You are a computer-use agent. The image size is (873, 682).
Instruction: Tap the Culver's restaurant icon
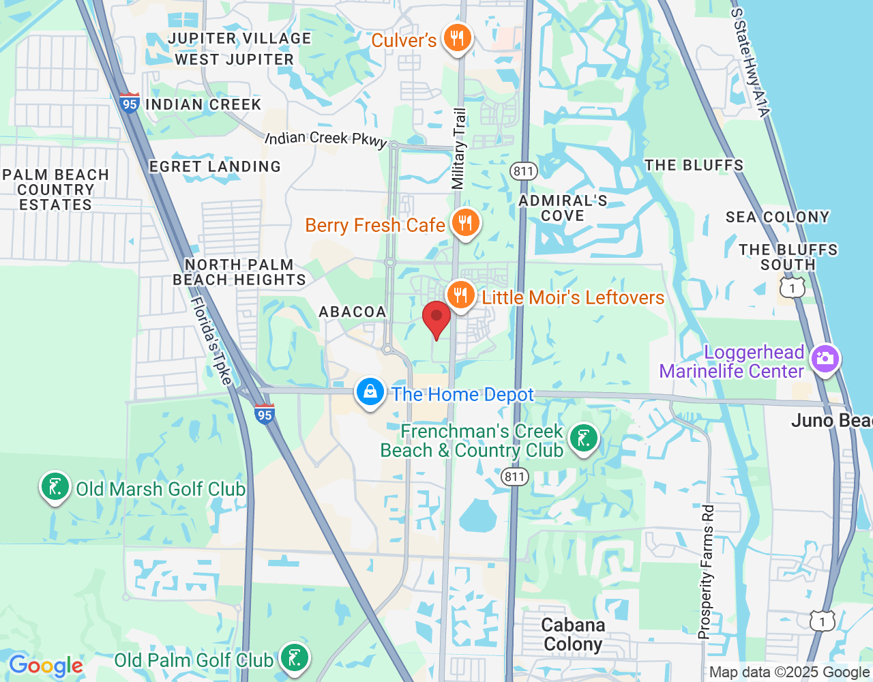(457, 38)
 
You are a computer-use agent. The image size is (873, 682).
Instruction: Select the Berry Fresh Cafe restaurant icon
(465, 223)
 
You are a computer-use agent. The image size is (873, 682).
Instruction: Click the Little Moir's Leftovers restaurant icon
(461, 295)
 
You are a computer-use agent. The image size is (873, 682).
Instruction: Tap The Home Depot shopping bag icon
(370, 392)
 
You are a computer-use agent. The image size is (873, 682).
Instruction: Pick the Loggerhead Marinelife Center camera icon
(825, 358)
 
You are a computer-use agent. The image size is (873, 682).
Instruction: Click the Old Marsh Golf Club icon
(55, 487)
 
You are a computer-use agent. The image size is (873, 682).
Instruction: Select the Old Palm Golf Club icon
(295, 658)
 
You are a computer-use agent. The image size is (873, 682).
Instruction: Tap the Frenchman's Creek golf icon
(584, 439)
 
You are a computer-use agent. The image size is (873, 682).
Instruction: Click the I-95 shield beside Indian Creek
(129, 104)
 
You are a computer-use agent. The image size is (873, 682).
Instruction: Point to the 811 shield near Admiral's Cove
(524, 170)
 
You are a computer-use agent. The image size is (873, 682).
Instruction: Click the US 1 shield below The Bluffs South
(792, 288)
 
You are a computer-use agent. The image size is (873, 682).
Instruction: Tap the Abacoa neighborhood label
(353, 312)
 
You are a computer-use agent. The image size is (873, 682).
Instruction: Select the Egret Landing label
(215, 166)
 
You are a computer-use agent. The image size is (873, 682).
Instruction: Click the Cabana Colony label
(573, 635)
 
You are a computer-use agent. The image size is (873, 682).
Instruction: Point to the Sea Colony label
(778, 217)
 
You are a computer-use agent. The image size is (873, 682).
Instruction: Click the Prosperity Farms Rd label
(707, 572)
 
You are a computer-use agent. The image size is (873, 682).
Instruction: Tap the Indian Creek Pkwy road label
(326, 138)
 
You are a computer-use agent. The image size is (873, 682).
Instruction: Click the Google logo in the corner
(46, 666)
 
